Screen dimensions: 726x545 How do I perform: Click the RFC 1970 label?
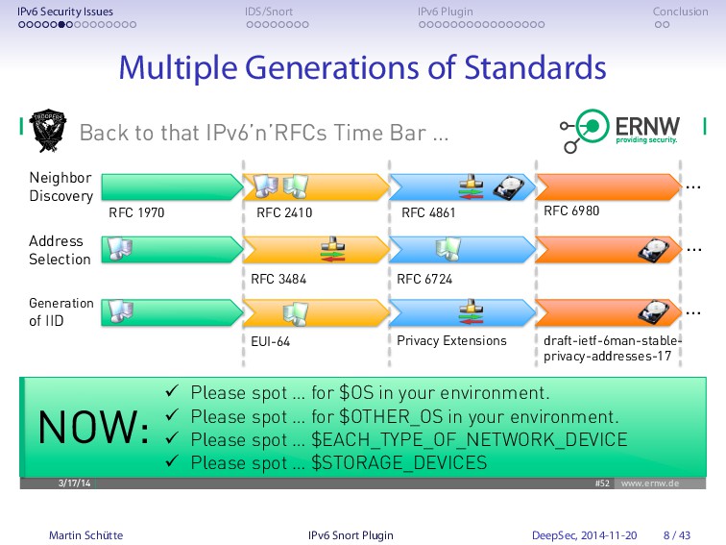pos(136,212)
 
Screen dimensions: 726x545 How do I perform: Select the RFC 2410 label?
pos(284,212)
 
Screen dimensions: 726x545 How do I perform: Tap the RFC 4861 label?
pos(428,212)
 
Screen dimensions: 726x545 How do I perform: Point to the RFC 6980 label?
pos(571,211)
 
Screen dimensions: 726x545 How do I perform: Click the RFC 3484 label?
pos(278,279)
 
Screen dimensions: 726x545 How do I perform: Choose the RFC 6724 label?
pos(424,279)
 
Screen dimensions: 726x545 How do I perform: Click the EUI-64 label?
pos(271,342)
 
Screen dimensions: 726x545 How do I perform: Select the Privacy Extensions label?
pos(451,341)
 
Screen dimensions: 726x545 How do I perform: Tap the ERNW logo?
pos(619,130)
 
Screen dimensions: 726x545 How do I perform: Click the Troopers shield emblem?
pos(47,131)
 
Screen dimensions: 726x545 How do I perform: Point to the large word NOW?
pos(93,428)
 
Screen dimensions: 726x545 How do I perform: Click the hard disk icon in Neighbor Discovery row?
pos(508,187)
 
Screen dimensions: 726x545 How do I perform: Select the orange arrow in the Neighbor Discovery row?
pos(609,186)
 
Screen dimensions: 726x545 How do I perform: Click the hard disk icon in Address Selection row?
pos(653,250)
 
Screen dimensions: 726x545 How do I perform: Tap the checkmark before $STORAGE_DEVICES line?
pos(172,460)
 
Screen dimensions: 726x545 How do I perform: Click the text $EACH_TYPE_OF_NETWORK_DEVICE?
pos(469,439)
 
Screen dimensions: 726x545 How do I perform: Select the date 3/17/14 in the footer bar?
pos(74,483)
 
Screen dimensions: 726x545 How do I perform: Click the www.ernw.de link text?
pos(649,483)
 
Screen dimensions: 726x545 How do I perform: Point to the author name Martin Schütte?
pos(86,535)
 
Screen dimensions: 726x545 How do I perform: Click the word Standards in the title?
pos(535,67)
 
